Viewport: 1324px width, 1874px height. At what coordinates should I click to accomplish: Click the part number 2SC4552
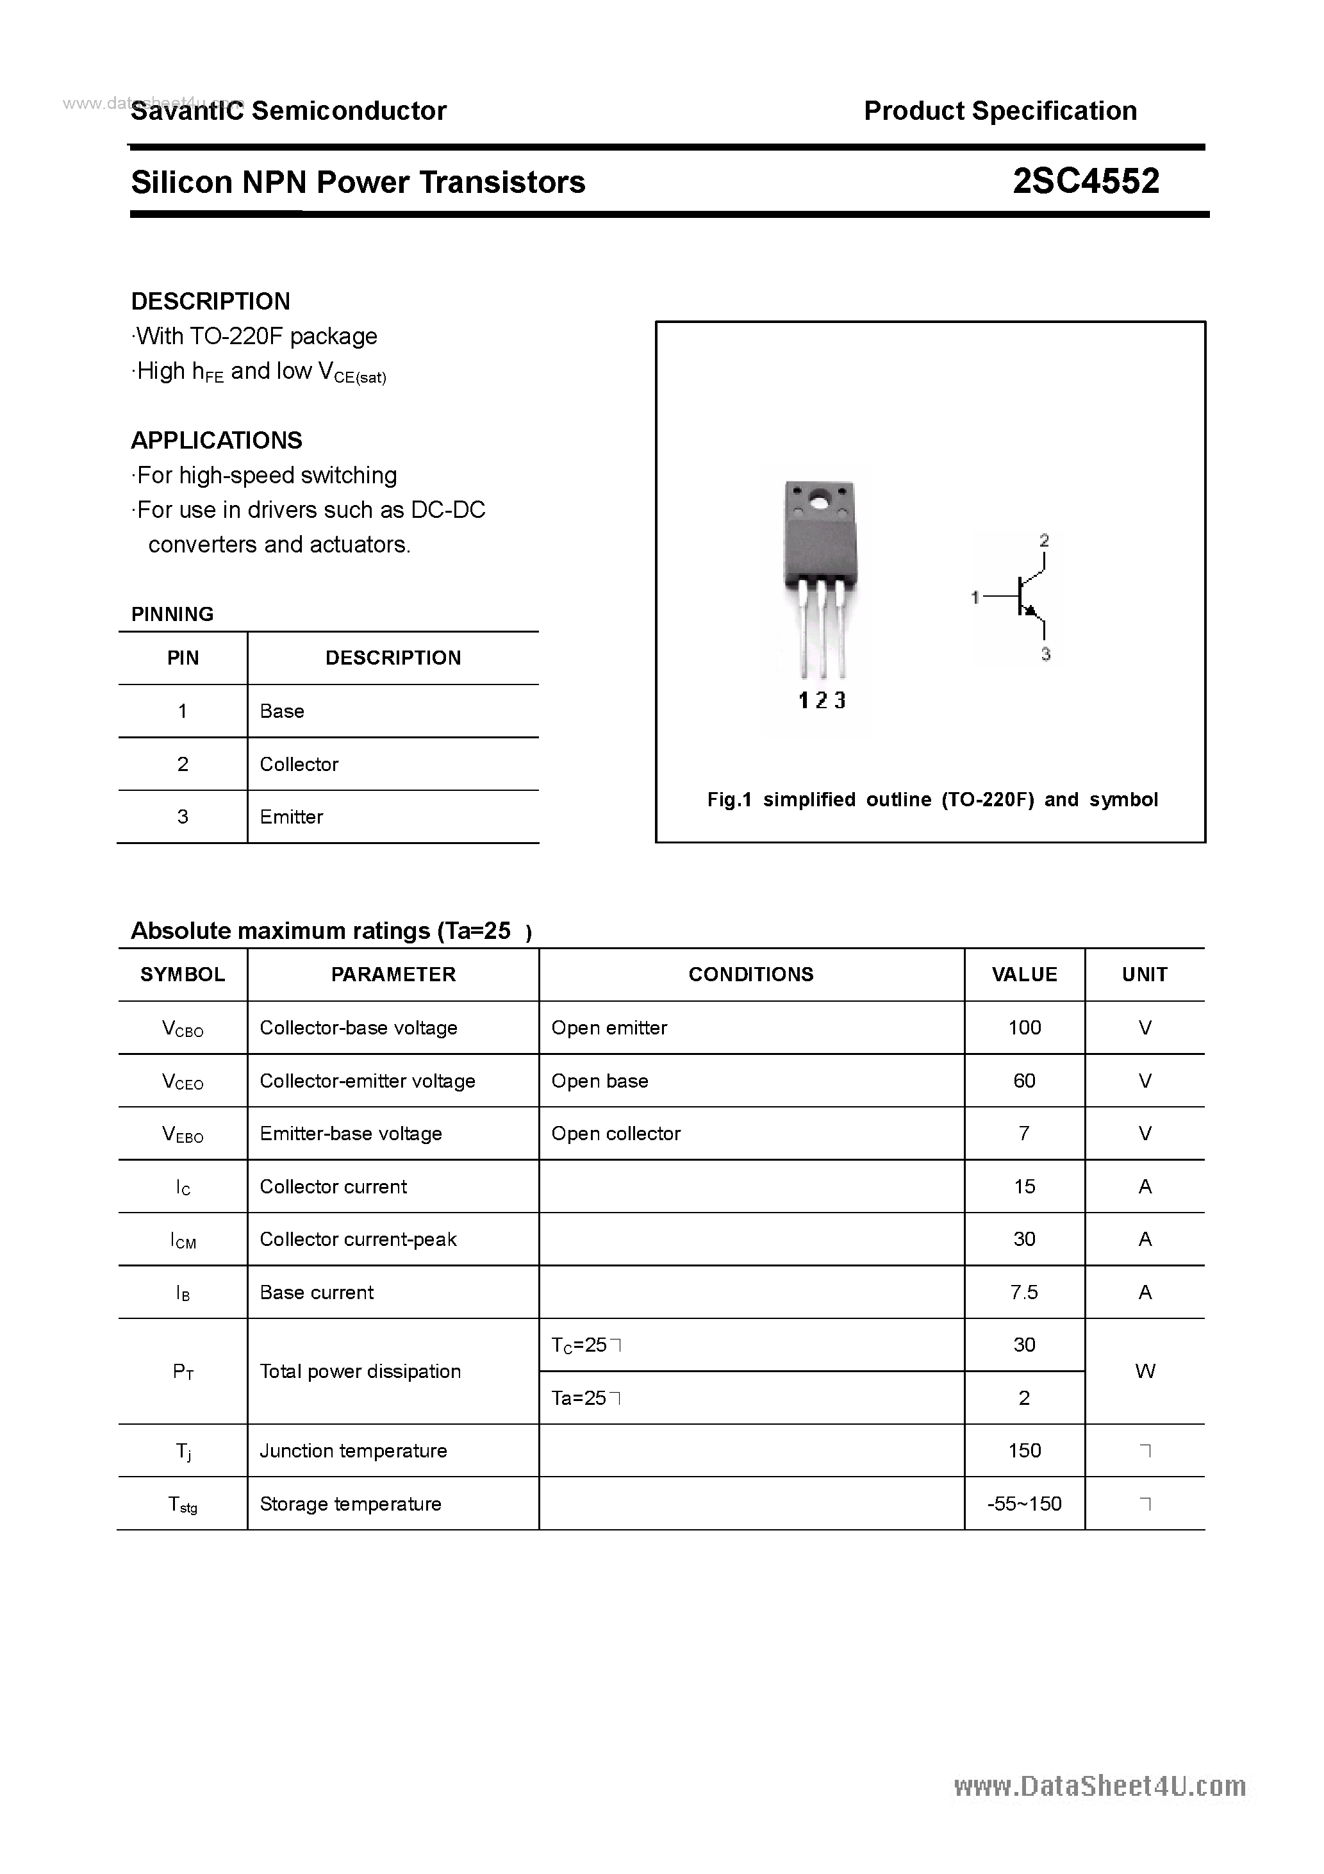(1086, 181)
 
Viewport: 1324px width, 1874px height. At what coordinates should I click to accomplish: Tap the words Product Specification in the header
(1000, 110)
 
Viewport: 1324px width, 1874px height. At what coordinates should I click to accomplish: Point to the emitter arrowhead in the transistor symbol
(1030, 611)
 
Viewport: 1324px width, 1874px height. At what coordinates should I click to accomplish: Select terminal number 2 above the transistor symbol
(1044, 540)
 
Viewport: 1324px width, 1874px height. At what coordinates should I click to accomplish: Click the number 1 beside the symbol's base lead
(975, 597)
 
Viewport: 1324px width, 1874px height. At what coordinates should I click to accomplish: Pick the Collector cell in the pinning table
(299, 764)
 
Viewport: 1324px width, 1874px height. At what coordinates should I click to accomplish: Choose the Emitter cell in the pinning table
(292, 817)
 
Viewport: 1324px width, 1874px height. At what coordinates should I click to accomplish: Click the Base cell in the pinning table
(281, 711)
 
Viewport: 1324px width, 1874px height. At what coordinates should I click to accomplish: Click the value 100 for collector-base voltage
(1025, 1027)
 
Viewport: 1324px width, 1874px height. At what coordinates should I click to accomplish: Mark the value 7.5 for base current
(1025, 1292)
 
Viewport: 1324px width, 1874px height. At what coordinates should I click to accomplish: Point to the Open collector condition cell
(615, 1134)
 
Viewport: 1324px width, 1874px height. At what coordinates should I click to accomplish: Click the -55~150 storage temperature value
(1025, 1504)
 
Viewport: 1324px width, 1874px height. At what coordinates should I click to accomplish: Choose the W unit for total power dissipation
(1145, 1372)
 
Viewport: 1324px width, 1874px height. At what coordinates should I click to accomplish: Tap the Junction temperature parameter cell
(354, 1450)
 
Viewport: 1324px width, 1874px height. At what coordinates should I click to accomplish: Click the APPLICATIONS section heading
(217, 441)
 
